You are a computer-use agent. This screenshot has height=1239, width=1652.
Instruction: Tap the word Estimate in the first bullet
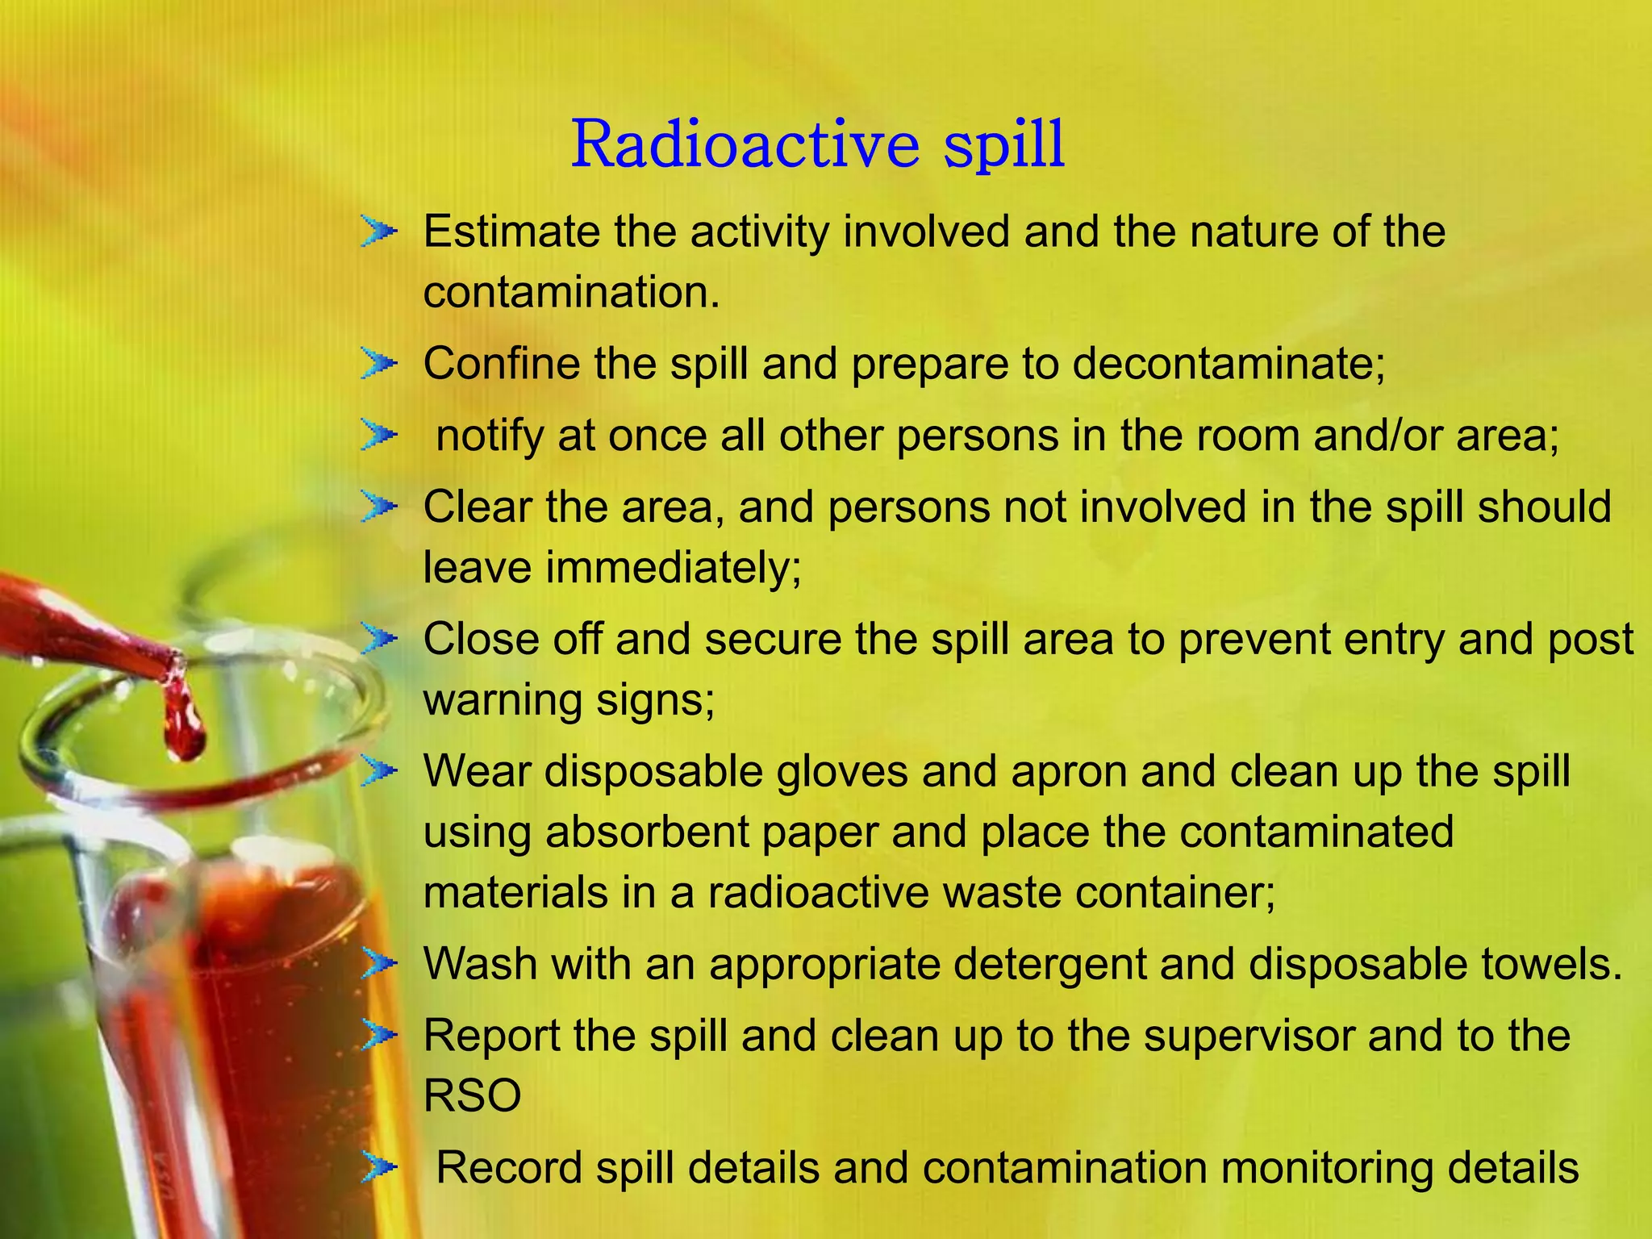511,232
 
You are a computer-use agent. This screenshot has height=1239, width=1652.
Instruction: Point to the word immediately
673,567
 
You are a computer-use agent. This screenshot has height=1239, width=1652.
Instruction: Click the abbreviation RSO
472,1096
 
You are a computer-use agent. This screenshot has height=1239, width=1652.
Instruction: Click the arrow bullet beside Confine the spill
378,364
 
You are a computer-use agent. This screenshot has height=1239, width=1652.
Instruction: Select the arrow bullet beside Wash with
378,963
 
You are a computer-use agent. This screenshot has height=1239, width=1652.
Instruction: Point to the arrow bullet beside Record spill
378,1166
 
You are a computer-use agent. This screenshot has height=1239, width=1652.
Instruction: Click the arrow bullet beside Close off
378,639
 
